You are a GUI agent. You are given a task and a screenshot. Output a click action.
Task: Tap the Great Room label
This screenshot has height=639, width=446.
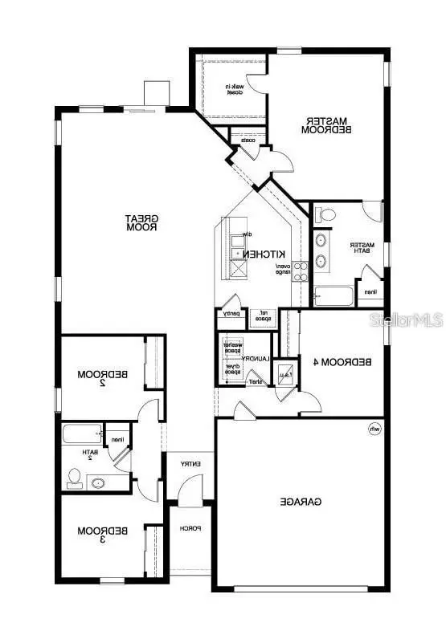pyautogui.click(x=145, y=222)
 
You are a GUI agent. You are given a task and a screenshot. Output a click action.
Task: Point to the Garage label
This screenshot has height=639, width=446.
pyautogui.click(x=301, y=502)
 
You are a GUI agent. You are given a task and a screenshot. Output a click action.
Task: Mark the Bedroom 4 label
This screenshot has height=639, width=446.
pyautogui.click(x=342, y=362)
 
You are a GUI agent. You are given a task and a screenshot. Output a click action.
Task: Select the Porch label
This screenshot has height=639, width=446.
pyautogui.click(x=190, y=528)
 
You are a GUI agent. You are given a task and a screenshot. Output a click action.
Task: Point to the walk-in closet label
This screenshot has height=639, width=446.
pyautogui.click(x=235, y=89)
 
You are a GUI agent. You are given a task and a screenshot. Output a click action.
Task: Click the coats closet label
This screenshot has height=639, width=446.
pyautogui.click(x=248, y=140)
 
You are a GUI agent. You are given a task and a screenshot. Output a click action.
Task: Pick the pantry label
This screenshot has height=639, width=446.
pyautogui.click(x=231, y=314)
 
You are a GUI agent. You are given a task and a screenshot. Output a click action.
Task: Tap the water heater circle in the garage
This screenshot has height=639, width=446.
pyautogui.click(x=374, y=430)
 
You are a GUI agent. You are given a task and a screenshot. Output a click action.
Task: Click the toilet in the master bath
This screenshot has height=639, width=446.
pyautogui.click(x=325, y=215)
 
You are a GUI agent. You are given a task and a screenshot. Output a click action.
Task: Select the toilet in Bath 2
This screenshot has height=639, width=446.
pyautogui.click(x=75, y=480)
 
